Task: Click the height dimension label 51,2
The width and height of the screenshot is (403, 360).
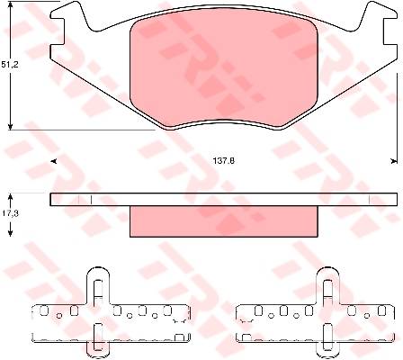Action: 10,65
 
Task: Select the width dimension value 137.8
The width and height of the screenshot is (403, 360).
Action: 224,161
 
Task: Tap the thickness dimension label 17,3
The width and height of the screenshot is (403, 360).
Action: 10,213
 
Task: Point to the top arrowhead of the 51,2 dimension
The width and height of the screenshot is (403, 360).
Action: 11,5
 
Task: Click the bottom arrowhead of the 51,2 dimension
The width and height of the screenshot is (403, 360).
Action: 11,126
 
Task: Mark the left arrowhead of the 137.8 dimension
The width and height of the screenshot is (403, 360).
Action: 54,162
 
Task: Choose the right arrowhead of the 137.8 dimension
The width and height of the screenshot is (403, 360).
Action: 393,161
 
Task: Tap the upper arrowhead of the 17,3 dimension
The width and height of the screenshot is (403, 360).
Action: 11,197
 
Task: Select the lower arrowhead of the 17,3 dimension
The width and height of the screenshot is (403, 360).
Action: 11,233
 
